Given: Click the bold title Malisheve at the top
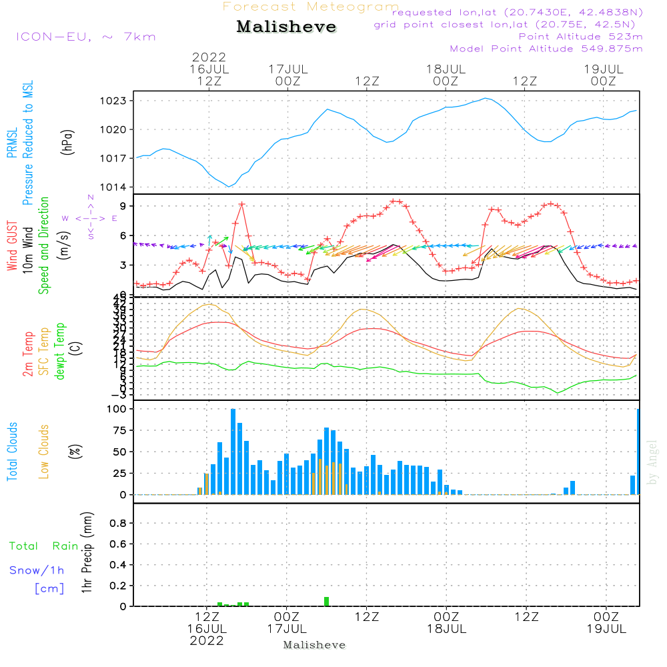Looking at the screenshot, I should pos(286,27).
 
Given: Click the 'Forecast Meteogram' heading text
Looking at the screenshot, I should pos(311,7).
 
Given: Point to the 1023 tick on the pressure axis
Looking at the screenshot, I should pos(115,101).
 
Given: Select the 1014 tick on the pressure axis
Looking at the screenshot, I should pos(115,187).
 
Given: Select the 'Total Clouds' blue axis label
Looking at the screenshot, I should pos(13,452).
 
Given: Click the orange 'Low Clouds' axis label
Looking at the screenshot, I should pos(44,452).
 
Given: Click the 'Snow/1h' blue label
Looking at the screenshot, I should pos(37,570).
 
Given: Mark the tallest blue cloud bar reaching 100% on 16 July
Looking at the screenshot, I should pos(233,452).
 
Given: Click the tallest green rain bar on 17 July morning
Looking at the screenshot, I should pos(326,602).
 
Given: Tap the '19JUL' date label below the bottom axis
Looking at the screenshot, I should pos(605,628).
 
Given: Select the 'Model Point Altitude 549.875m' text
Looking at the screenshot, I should pos(546,49).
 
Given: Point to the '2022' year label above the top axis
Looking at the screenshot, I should pos(209,57).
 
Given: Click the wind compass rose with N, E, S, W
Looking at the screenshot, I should pos(90,217).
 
